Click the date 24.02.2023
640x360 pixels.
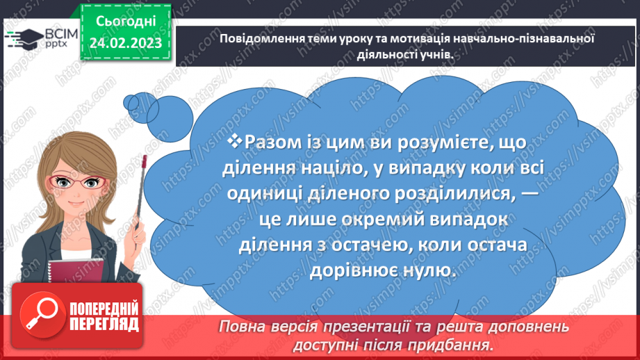(x=126, y=43)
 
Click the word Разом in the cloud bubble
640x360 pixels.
(x=274, y=142)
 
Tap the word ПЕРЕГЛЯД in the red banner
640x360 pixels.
(x=104, y=323)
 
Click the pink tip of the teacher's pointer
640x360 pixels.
(x=145, y=161)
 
